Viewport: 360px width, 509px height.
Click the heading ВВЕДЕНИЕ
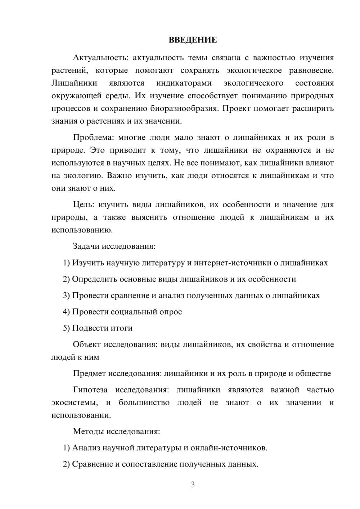[x=193, y=40]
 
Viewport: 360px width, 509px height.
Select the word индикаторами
[x=184, y=83]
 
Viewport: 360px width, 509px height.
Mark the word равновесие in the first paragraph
[x=311, y=71]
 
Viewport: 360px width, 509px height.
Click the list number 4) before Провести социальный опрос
[x=66, y=312]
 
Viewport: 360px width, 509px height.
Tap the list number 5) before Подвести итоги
[x=66, y=328]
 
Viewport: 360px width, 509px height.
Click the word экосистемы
[x=74, y=403]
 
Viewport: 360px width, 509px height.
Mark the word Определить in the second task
[x=94, y=279]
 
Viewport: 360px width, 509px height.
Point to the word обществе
[x=313, y=374]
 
